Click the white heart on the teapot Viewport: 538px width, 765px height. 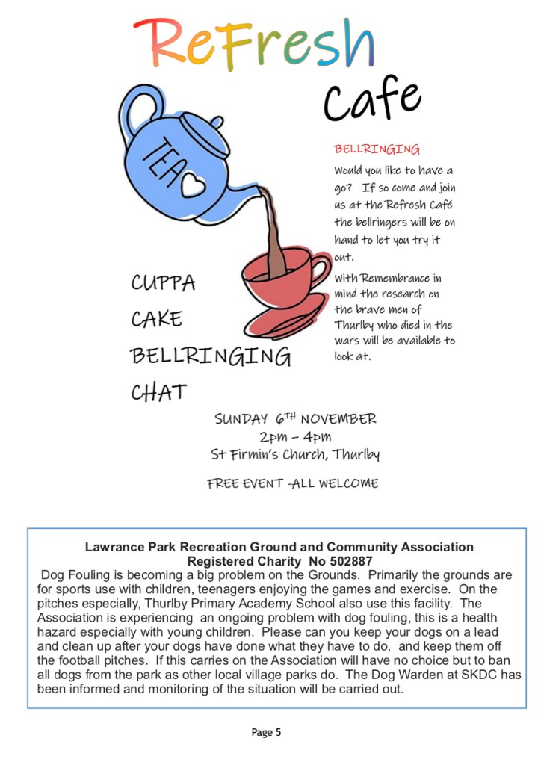192,184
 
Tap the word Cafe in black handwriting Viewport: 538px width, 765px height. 371,101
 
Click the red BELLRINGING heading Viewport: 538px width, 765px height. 377,149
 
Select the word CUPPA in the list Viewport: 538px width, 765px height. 163,283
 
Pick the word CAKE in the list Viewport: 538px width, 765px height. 156,319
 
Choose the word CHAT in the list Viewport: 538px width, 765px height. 158,391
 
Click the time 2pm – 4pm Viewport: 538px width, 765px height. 295,436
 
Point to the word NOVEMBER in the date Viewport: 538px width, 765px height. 338,418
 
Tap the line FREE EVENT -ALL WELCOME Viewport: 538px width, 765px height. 293,483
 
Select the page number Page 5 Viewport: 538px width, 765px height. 267,732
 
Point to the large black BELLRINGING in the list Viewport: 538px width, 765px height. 210,356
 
